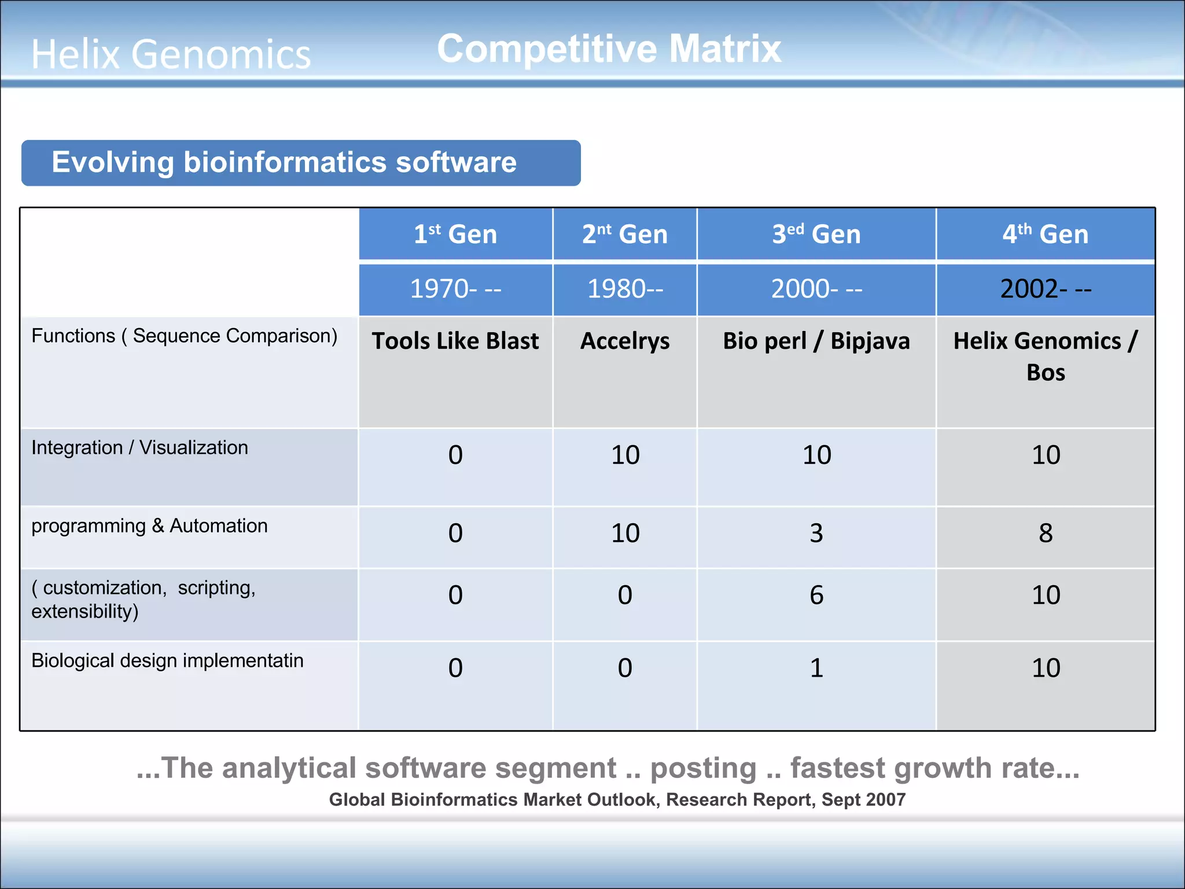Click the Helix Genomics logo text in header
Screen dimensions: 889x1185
pos(171,54)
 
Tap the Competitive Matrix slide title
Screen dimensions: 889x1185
pos(609,49)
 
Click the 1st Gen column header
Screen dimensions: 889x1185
pos(455,234)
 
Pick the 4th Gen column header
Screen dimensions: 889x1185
pos(1045,234)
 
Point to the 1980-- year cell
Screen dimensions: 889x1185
pos(625,289)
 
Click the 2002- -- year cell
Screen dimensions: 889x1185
pos(1045,289)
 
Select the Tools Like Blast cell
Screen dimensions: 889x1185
pos(455,341)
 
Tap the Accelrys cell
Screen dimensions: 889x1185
pos(625,341)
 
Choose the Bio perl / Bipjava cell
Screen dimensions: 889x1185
pos(816,341)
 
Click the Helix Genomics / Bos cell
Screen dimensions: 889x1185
pos(1045,356)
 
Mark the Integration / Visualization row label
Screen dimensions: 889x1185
pos(139,447)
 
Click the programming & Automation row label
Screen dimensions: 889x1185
pos(149,526)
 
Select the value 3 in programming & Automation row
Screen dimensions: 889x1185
pos(816,533)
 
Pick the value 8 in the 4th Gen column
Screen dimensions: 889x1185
pos(1045,533)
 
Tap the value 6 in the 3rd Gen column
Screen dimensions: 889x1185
pos(816,595)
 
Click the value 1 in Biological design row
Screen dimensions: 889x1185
pos(816,668)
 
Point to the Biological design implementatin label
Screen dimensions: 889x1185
pos(167,660)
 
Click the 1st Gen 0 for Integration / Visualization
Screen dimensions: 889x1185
pos(455,455)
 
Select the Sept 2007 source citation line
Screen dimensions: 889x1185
pos(617,799)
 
